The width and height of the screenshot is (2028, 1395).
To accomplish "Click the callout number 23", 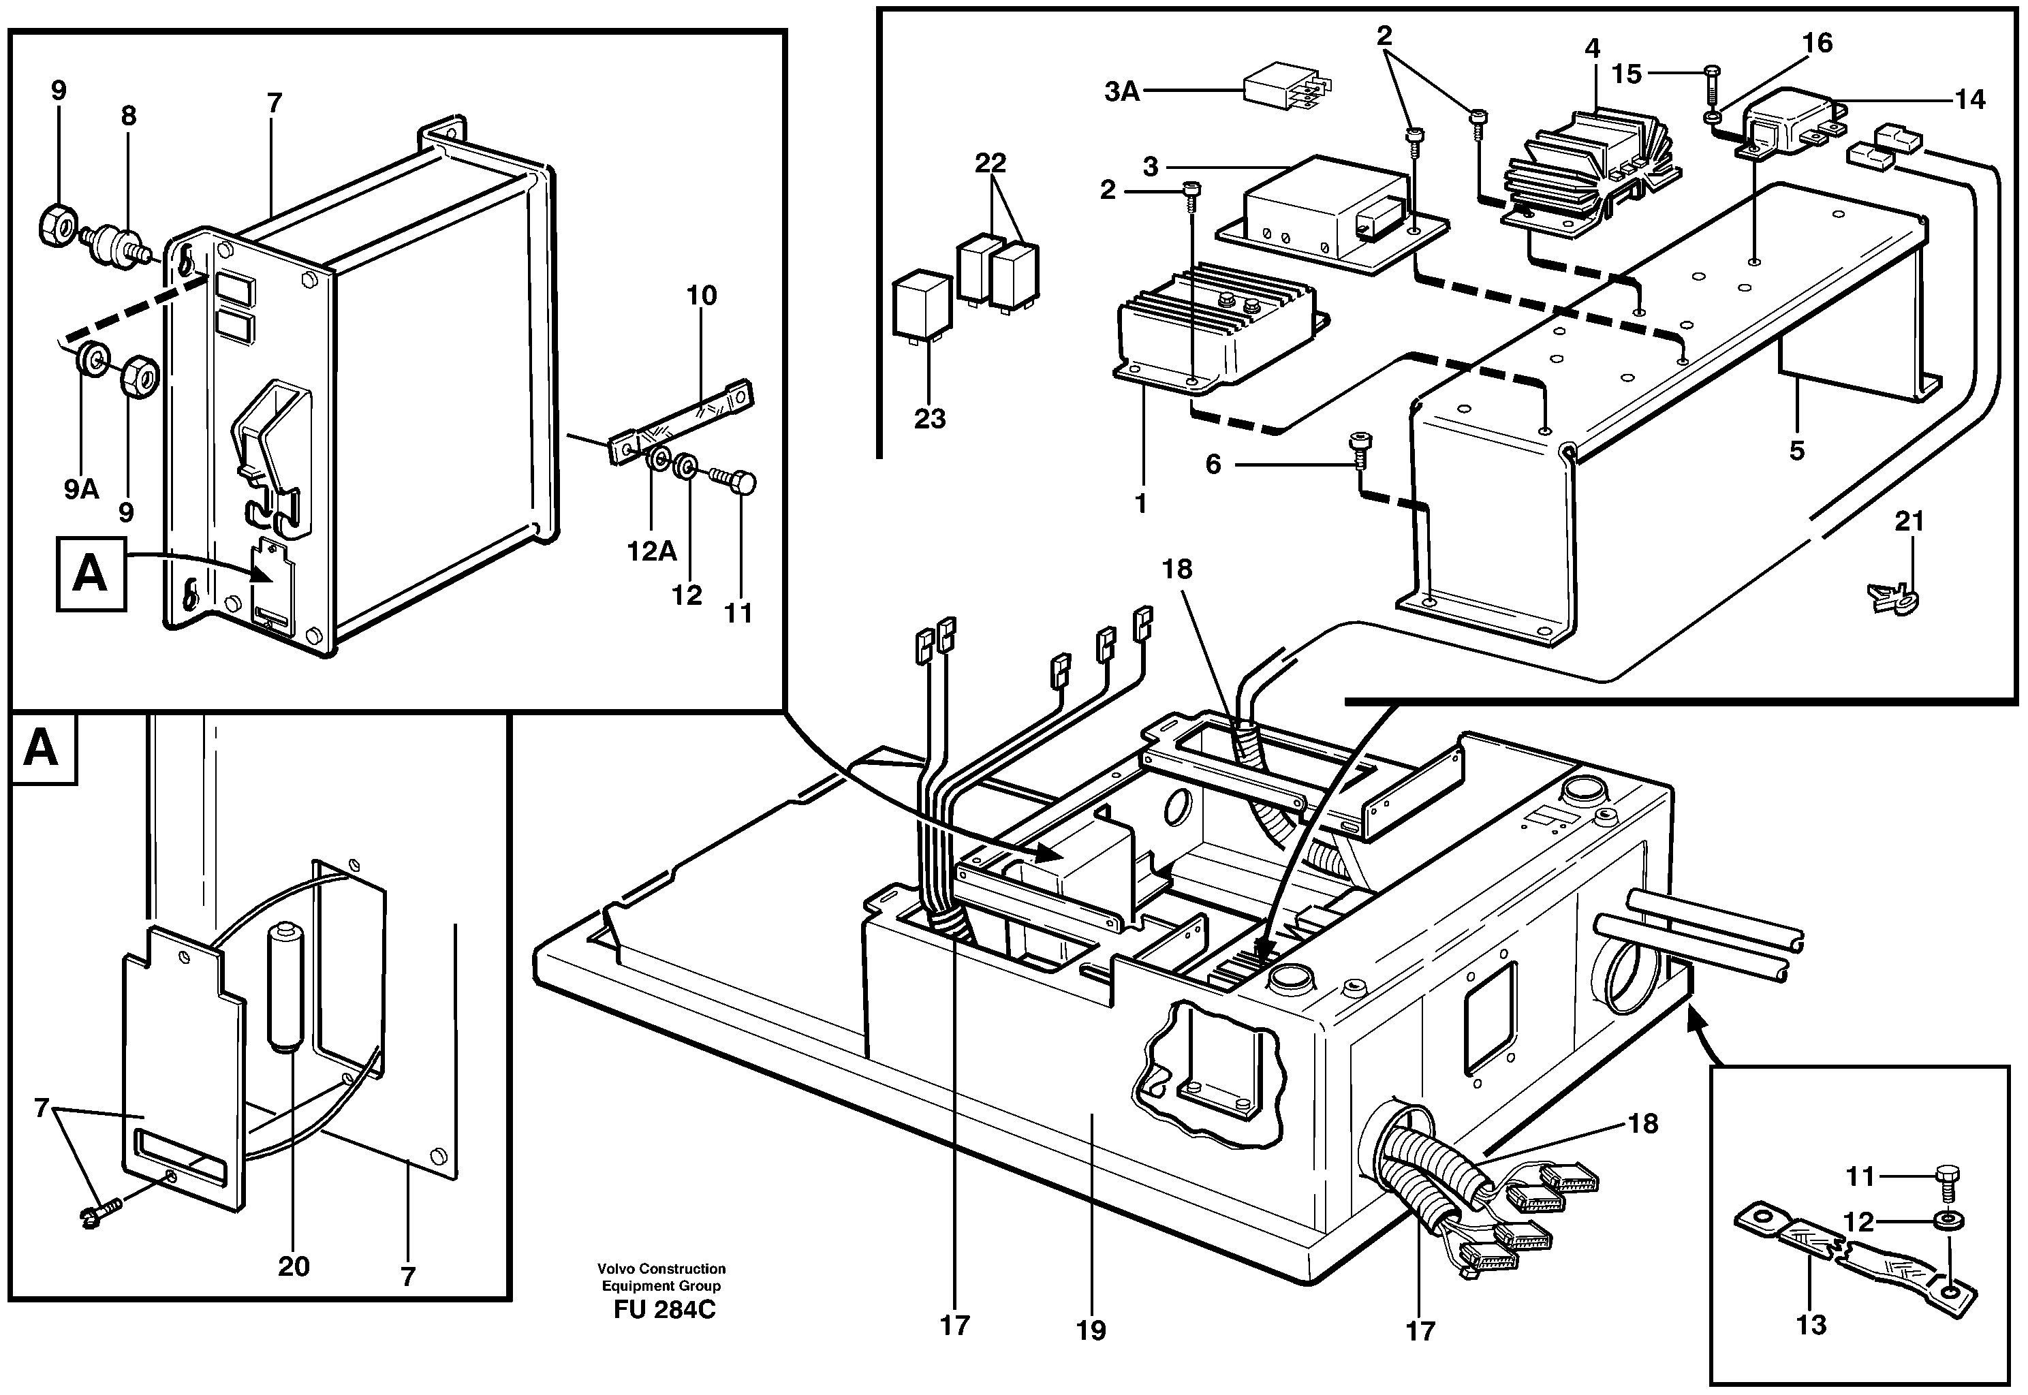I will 929,419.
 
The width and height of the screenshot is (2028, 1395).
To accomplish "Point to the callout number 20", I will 294,1266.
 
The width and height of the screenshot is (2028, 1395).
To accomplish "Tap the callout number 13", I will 1810,1325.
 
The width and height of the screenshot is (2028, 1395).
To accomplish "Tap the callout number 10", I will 701,296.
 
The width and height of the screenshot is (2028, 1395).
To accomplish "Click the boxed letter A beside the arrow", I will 91,574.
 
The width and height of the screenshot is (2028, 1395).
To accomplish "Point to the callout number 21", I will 1909,521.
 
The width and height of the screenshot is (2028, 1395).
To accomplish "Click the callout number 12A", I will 652,552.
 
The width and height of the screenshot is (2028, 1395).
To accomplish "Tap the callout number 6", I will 1213,464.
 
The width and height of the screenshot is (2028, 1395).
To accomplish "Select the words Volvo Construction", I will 661,1268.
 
